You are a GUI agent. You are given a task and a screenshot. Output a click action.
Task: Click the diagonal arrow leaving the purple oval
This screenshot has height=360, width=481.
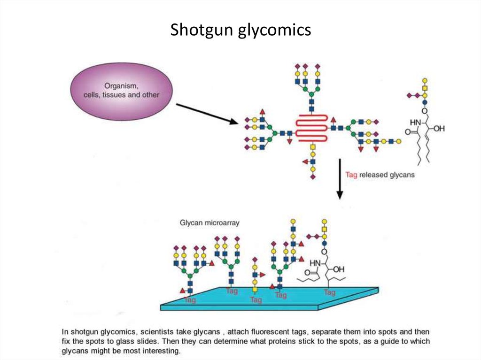tap(207, 114)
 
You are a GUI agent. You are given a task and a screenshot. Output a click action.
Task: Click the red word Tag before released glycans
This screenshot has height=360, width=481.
tap(351, 175)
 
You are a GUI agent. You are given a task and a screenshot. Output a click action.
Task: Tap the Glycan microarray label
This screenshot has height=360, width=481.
tap(209, 223)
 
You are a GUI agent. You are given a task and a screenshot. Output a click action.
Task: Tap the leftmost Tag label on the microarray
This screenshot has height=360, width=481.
tap(190, 299)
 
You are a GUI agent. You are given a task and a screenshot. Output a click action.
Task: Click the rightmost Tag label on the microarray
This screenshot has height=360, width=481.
tap(329, 292)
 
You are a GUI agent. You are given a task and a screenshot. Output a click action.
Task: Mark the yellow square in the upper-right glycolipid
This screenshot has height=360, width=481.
tap(425, 88)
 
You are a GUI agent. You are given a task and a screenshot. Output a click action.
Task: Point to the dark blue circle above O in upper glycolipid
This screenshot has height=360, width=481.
tap(425, 101)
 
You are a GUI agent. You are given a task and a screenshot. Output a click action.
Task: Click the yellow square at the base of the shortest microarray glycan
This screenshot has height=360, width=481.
tap(255, 289)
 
